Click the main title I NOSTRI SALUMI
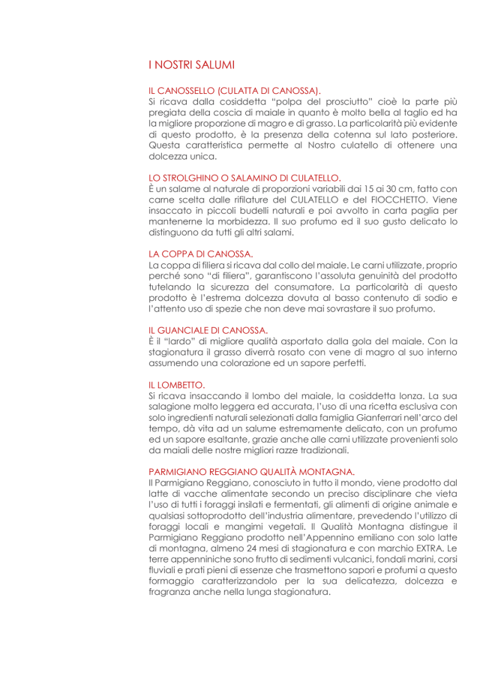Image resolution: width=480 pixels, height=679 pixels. (192, 65)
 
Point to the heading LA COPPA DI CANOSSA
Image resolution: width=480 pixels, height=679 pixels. (201, 254)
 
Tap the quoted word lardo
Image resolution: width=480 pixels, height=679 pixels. (175, 341)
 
